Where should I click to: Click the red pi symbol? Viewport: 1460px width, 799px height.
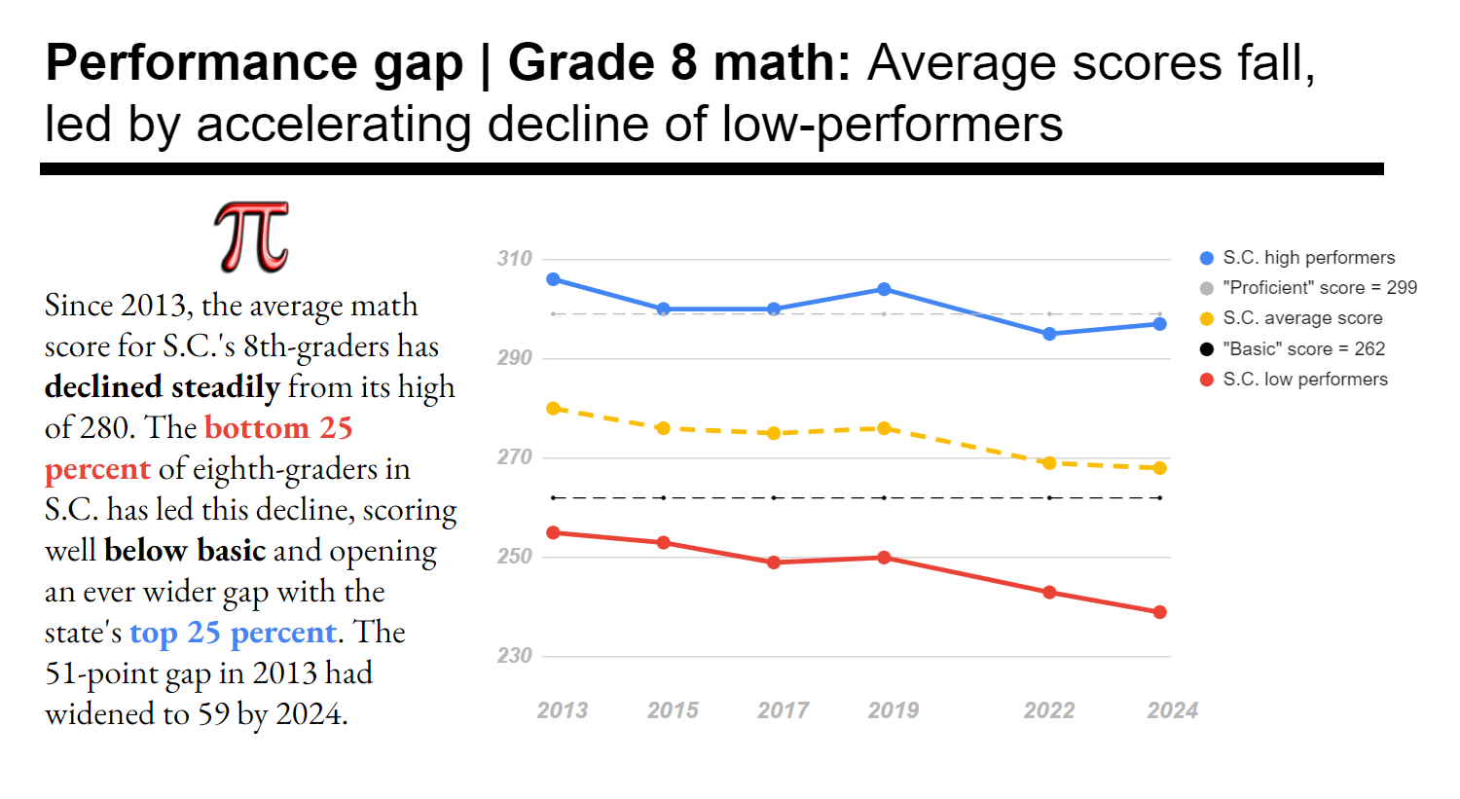pyautogui.click(x=251, y=237)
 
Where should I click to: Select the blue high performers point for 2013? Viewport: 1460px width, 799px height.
pyautogui.click(x=553, y=279)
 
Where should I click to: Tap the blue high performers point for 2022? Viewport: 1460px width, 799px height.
pyautogui.click(x=1049, y=334)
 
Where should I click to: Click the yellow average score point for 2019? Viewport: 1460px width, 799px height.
pyautogui.click(x=884, y=428)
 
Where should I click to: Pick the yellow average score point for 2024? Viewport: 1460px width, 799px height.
pyautogui.click(x=1159, y=468)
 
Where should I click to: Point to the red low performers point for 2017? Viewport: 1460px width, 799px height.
pyautogui.click(x=774, y=563)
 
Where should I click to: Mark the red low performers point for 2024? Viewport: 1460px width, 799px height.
pyautogui.click(x=1159, y=612)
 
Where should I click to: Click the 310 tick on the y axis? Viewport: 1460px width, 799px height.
pyautogui.click(x=514, y=259)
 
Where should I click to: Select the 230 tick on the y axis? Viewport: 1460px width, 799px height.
pyautogui.click(x=514, y=656)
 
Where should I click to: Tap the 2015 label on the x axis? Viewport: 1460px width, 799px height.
pyautogui.click(x=673, y=710)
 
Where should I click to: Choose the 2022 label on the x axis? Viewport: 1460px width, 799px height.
pyautogui.click(x=1048, y=710)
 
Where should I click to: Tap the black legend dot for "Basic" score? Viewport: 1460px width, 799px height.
pyautogui.click(x=1207, y=349)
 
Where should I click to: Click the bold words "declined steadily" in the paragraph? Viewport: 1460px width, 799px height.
pyautogui.click(x=162, y=387)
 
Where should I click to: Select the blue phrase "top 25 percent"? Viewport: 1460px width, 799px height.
pyautogui.click(x=233, y=633)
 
